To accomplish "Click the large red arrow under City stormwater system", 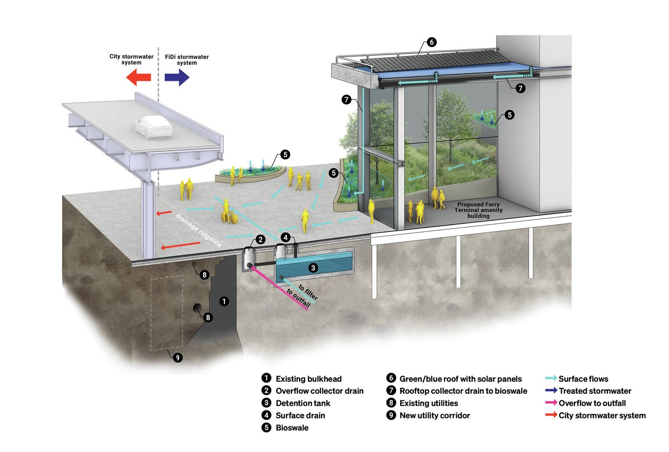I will coord(139,77).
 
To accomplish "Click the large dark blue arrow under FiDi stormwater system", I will coord(177,77).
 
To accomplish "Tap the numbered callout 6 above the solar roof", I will coord(432,42).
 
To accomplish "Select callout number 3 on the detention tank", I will coord(313,268).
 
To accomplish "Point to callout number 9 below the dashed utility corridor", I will coord(177,357).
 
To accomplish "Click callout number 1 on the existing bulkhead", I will coord(224,301).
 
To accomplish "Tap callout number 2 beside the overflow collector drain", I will coord(260,239).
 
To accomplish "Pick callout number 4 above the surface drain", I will coord(285,237).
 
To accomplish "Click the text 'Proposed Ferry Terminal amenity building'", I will coord(478,210).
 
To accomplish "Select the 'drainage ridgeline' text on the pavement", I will coord(198,230).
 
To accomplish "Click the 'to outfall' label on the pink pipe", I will coord(298,298).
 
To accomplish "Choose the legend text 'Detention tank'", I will coord(303,403).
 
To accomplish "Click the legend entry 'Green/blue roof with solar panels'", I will coord(460,379).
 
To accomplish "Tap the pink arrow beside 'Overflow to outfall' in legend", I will coord(551,403).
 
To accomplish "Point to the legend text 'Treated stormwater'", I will coord(595,391).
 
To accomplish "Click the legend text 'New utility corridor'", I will coord(434,416).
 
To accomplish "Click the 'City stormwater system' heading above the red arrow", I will coord(131,59).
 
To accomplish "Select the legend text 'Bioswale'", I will coord(292,428).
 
